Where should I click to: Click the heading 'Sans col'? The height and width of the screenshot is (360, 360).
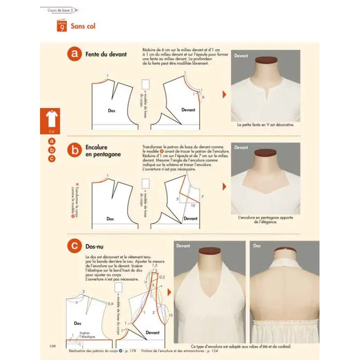click(x=83, y=26)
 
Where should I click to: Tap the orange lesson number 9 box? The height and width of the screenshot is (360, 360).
click(x=62, y=26)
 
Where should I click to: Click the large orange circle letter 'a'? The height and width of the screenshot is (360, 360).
click(x=74, y=54)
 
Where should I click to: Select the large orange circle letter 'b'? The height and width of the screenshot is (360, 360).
click(x=74, y=150)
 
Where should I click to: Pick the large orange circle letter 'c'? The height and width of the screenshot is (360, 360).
click(x=74, y=246)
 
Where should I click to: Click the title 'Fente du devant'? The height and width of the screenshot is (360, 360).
click(x=106, y=54)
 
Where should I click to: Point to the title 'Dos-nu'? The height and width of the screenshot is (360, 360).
click(x=95, y=246)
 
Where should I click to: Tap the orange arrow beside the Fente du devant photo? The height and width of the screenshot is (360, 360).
click(x=224, y=94)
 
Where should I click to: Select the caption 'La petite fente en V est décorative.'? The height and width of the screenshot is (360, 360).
click(x=265, y=125)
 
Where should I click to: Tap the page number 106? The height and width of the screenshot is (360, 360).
click(x=52, y=346)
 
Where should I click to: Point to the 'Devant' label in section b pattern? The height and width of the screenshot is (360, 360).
click(x=190, y=218)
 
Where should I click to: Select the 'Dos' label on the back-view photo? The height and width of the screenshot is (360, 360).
click(x=257, y=246)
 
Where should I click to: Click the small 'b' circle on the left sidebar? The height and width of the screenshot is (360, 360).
click(x=52, y=150)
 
